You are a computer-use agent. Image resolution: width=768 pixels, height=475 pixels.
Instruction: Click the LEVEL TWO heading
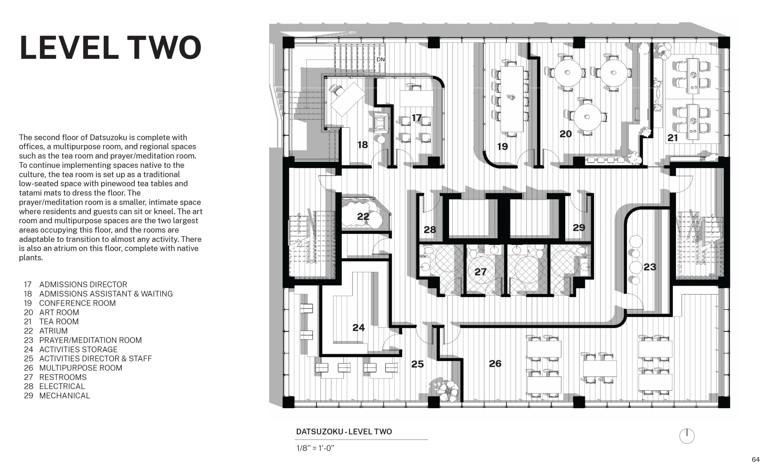[x=110, y=47]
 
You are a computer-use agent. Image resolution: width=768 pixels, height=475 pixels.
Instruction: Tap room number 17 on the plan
[x=416, y=118]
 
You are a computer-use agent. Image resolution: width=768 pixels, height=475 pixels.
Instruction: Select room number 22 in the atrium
[x=363, y=216]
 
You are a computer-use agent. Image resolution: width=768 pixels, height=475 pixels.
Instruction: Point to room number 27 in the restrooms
[x=480, y=272]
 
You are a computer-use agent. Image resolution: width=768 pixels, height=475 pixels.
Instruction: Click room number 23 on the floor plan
[x=650, y=267]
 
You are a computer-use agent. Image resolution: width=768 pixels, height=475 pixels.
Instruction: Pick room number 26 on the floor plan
[x=495, y=364]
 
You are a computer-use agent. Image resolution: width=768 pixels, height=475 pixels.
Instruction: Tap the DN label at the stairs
[x=380, y=59]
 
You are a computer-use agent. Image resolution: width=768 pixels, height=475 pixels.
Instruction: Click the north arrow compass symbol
[x=687, y=436]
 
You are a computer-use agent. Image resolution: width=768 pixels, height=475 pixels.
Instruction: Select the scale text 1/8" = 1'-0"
[x=315, y=448]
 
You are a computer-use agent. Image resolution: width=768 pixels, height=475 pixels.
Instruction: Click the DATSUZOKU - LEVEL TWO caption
[x=344, y=431]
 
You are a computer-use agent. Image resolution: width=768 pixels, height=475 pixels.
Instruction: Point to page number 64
[x=755, y=459]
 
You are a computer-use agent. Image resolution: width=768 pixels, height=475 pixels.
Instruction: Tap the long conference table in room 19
[x=512, y=99]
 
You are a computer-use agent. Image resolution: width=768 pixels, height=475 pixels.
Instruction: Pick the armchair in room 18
[x=381, y=123]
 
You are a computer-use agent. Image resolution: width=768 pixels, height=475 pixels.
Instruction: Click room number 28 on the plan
[x=430, y=230]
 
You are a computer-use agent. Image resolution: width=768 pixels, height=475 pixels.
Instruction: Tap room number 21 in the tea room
[x=672, y=138]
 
